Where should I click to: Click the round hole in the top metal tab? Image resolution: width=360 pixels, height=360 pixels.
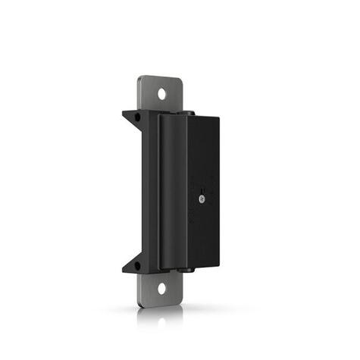click(x=161, y=94)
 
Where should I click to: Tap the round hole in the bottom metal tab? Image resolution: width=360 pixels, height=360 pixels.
click(x=161, y=289)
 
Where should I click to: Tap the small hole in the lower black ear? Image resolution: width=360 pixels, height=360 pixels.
click(x=137, y=265)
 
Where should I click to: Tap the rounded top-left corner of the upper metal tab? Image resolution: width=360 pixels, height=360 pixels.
click(x=142, y=80)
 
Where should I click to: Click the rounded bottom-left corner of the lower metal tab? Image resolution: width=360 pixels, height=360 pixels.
click(x=141, y=303)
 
